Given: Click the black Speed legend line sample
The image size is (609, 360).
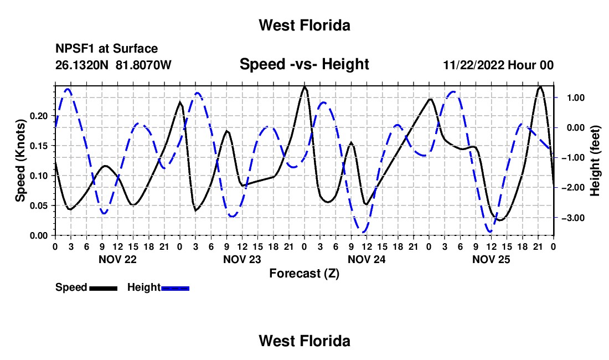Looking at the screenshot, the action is [x=104, y=288].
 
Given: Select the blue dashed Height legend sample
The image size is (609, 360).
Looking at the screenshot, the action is [x=175, y=288].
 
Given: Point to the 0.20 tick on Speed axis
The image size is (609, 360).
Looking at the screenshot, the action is [x=38, y=116].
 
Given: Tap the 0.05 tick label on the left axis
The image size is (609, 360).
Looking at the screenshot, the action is [x=38, y=205].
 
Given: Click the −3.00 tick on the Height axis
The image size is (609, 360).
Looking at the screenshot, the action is [x=573, y=218].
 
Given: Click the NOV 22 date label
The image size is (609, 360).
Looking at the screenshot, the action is [x=118, y=259].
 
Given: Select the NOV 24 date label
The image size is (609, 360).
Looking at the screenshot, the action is [x=367, y=259].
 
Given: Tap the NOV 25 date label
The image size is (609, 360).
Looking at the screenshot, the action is [x=491, y=259].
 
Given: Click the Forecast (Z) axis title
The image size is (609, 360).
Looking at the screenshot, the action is [x=304, y=274].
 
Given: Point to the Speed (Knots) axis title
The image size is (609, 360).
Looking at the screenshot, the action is [x=20, y=161].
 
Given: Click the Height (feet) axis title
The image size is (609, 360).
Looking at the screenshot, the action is [x=595, y=161].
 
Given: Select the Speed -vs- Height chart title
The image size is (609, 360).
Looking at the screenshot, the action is [x=304, y=64].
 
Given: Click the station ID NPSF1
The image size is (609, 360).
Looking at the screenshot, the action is [x=75, y=49].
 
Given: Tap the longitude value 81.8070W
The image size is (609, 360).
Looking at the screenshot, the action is [x=143, y=65].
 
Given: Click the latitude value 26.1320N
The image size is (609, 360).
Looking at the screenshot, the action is [x=81, y=65].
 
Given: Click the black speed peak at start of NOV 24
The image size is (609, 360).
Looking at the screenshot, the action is [x=304, y=86].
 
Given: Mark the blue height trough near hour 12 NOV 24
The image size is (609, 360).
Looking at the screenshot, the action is [x=364, y=232].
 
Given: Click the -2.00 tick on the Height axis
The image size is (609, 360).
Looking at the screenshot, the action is [x=573, y=188].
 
